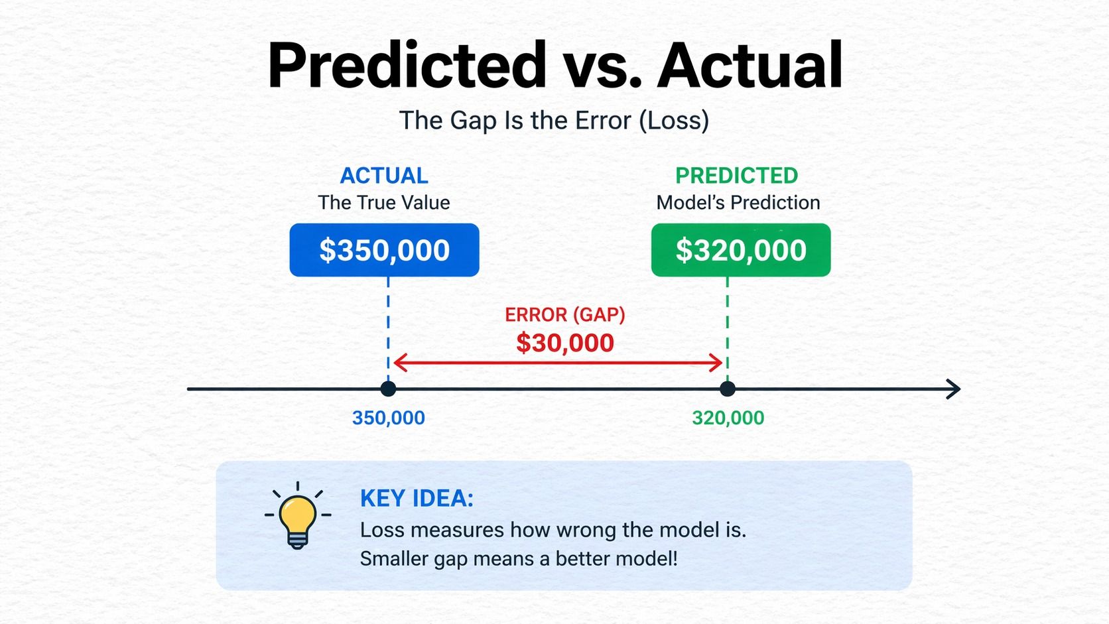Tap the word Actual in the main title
coord(750,65)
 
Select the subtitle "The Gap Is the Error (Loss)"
coord(554,121)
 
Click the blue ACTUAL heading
coord(383,176)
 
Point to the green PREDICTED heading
coord(737,176)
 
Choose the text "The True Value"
coord(383,202)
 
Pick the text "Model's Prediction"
coord(738,202)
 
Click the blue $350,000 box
coord(384,250)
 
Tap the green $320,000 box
coord(741,250)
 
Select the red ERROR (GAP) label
coord(565,315)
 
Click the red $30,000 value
coord(565,343)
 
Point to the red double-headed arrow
coord(558,363)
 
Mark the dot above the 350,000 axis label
coord(388,389)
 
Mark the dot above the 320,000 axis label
coord(728,389)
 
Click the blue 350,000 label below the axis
coord(388,418)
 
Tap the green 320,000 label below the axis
coord(728,418)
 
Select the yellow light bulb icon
coord(298,517)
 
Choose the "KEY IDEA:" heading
coord(417,498)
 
